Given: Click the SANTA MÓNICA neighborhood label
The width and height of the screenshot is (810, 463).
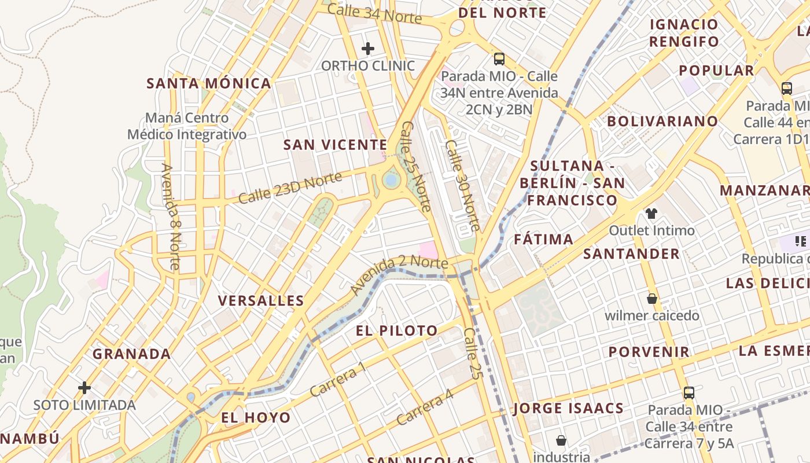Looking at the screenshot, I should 209,83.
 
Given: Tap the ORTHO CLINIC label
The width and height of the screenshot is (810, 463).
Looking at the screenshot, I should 368,66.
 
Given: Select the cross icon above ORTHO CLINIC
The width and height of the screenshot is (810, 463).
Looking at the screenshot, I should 367,49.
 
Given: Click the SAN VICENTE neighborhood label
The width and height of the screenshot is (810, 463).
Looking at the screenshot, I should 335,145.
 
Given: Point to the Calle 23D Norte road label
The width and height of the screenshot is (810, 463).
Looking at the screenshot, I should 290,188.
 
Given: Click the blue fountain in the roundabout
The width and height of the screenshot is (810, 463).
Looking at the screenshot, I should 391,181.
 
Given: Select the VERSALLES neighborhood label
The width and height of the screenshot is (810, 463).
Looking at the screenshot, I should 261,300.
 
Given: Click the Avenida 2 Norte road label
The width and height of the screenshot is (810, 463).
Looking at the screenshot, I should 399,274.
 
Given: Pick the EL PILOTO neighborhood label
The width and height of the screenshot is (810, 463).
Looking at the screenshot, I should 397,331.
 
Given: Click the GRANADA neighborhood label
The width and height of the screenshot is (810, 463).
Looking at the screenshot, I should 132,354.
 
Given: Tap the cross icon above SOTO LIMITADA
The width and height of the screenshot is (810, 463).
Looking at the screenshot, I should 84,387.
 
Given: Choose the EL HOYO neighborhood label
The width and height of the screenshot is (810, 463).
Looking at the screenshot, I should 256,417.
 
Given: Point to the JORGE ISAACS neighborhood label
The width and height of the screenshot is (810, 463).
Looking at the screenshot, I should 568,408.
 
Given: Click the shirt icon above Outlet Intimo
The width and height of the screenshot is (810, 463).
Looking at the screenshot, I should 651,213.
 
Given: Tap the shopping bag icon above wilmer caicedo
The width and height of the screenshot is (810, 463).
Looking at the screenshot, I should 652,299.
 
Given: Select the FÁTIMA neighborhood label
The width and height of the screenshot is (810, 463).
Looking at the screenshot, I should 544,239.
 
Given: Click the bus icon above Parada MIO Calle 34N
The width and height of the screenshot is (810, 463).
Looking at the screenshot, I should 499,58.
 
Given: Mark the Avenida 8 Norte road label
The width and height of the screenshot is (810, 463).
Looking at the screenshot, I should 171,216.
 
